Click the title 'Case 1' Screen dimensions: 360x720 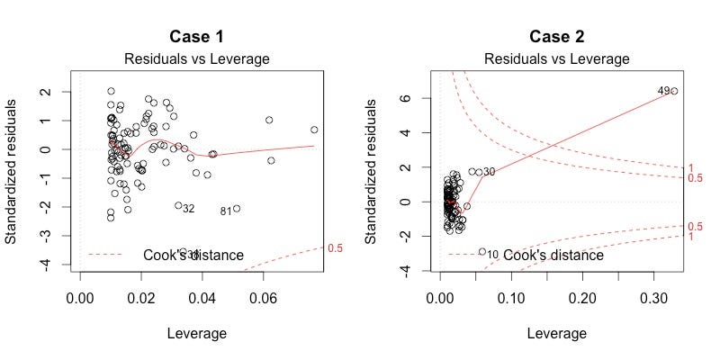click(x=196, y=37)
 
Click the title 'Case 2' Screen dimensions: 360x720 click(x=556, y=37)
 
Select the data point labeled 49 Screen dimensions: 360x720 click(x=674, y=91)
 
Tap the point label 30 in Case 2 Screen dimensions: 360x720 click(x=489, y=172)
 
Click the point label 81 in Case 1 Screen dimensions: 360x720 click(x=226, y=211)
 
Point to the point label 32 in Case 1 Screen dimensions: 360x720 click(x=188, y=209)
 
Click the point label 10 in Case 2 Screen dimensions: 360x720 click(x=492, y=255)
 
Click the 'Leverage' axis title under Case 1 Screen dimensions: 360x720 click(x=196, y=334)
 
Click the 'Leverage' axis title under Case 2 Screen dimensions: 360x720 click(x=556, y=334)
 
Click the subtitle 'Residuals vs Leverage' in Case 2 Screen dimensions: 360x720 click(x=556, y=58)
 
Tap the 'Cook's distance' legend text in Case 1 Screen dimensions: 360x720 click(x=193, y=255)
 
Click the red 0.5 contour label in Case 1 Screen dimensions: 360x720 click(x=335, y=247)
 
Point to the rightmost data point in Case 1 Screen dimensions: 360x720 click(x=314, y=130)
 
